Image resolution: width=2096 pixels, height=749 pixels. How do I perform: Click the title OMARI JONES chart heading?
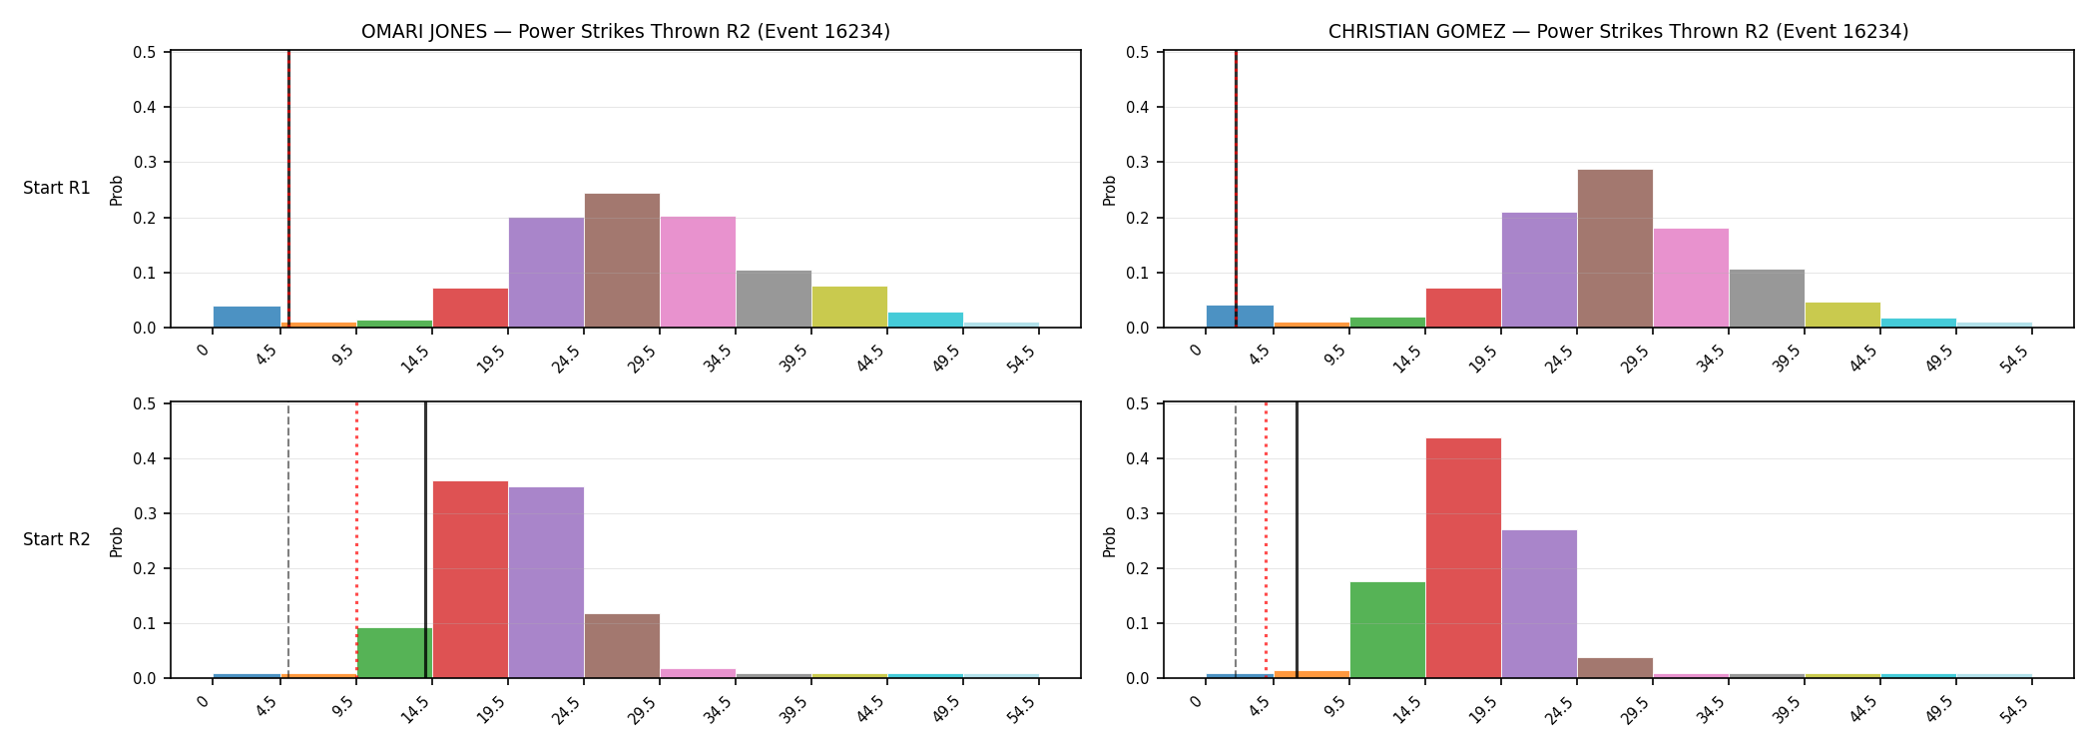pos(626,31)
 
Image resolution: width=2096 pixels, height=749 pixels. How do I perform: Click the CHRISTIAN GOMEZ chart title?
pos(1618,31)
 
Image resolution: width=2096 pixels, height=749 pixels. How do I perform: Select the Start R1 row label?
pos(57,188)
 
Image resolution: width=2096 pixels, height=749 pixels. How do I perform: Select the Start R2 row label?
pos(57,539)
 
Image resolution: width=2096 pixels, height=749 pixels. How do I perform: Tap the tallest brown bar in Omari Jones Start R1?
pos(622,261)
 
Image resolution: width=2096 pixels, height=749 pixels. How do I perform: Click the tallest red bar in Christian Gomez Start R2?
pos(1463,558)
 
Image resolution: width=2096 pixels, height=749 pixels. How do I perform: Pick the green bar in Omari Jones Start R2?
pos(394,653)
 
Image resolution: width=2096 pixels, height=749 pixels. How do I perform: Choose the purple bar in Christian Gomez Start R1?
pos(1539,270)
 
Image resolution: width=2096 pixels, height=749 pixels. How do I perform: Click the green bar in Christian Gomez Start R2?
pos(1387,630)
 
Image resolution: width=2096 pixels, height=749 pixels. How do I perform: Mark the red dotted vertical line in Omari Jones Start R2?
pos(356,540)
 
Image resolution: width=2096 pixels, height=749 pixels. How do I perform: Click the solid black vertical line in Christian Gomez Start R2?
pos(1297,540)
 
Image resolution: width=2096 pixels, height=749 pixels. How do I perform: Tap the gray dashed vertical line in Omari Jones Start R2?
pos(288,540)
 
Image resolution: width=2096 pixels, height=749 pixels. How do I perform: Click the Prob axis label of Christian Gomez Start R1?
pos(1110,190)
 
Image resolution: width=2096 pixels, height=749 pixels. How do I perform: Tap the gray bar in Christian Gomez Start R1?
pos(1767,299)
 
